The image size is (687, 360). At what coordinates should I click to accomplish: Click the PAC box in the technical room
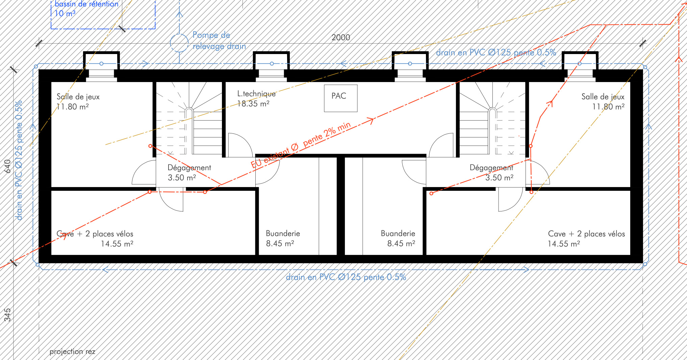coord(340,98)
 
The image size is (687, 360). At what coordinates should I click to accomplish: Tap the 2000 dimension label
coord(340,37)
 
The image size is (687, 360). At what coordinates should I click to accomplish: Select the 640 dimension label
coord(7,166)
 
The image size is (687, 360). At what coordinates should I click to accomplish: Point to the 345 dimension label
coord(7,315)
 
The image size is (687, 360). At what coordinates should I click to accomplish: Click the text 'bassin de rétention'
coord(86,4)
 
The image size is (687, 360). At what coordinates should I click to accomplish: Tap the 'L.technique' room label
coord(256,94)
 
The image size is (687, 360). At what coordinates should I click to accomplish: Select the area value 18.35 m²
coord(253,104)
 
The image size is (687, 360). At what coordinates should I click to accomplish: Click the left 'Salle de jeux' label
coord(78,97)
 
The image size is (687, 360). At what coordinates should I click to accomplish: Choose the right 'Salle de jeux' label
coord(603,97)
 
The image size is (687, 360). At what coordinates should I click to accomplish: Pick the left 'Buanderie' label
coord(283,233)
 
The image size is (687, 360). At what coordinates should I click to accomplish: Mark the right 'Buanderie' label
coord(398,233)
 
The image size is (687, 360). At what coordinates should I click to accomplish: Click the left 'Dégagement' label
coord(189,168)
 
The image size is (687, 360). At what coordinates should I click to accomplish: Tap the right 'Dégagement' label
coord(491,168)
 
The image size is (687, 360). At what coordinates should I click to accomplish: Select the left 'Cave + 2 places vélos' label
coord(95,234)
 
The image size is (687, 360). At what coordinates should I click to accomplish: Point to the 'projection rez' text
coord(72,352)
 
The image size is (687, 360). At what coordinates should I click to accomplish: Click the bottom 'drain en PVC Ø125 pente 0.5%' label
coord(346,277)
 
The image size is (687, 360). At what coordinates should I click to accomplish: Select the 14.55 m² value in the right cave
coord(564,244)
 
